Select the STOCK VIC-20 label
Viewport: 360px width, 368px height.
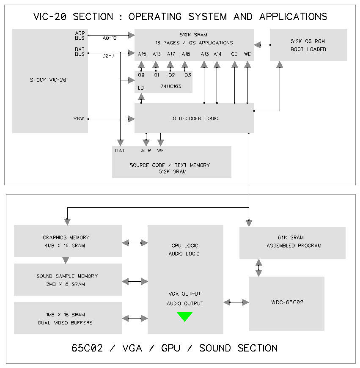click(x=48, y=80)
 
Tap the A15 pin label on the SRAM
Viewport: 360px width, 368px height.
click(x=142, y=54)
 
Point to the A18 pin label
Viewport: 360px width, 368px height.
click(x=186, y=54)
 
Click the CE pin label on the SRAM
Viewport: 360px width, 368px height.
click(x=234, y=54)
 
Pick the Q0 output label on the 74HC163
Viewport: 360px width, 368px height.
click(x=142, y=75)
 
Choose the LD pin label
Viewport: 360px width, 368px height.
click(x=141, y=88)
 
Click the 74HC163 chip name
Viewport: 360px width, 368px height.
click(x=169, y=86)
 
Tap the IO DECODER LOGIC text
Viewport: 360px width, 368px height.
click(x=195, y=118)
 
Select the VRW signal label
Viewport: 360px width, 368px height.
click(x=79, y=119)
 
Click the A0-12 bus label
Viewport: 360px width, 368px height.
click(x=110, y=38)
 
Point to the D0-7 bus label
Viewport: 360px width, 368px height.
click(x=108, y=55)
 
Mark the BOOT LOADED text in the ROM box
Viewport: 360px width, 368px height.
click(x=308, y=49)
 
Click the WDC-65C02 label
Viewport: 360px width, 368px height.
click(x=287, y=302)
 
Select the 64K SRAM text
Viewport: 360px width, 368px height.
click(x=291, y=238)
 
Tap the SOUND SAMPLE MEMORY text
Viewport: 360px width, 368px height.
click(x=67, y=276)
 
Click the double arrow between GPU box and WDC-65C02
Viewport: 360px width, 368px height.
click(x=236, y=302)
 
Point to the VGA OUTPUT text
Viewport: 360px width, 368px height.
click(x=185, y=294)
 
